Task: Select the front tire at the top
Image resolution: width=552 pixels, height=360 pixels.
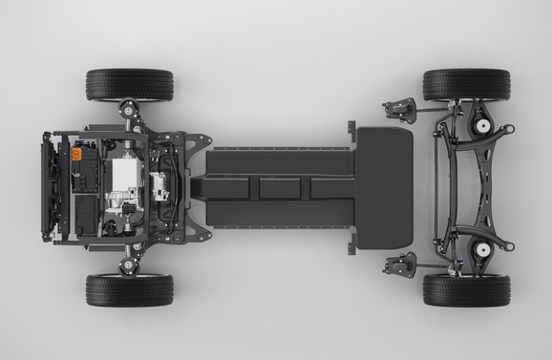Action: pos(130,84)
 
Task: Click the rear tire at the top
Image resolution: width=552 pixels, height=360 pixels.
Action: pos(466,84)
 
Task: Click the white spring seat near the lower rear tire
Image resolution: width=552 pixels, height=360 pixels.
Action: pos(483,250)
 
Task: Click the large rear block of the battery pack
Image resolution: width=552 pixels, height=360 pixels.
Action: pos(384,187)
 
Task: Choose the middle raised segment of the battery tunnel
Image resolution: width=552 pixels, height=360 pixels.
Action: pos(278,187)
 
